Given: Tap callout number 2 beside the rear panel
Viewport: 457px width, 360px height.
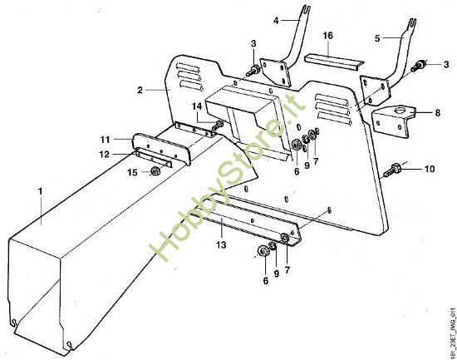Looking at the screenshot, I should (x=141, y=89).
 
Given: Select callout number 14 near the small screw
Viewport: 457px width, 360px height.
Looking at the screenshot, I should (x=198, y=106).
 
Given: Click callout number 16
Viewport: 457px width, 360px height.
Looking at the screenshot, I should (x=327, y=37).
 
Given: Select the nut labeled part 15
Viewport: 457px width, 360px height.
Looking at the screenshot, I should (x=155, y=171).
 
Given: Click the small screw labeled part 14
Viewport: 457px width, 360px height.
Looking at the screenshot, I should (x=219, y=126).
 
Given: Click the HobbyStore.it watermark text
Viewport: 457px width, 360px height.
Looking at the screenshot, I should (x=224, y=183).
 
